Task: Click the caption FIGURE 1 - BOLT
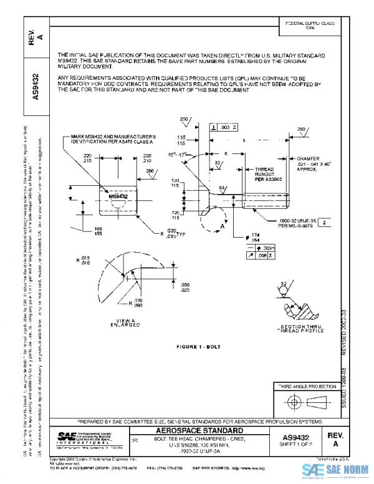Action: pos(199,346)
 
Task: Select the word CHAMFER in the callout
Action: pos(309,159)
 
